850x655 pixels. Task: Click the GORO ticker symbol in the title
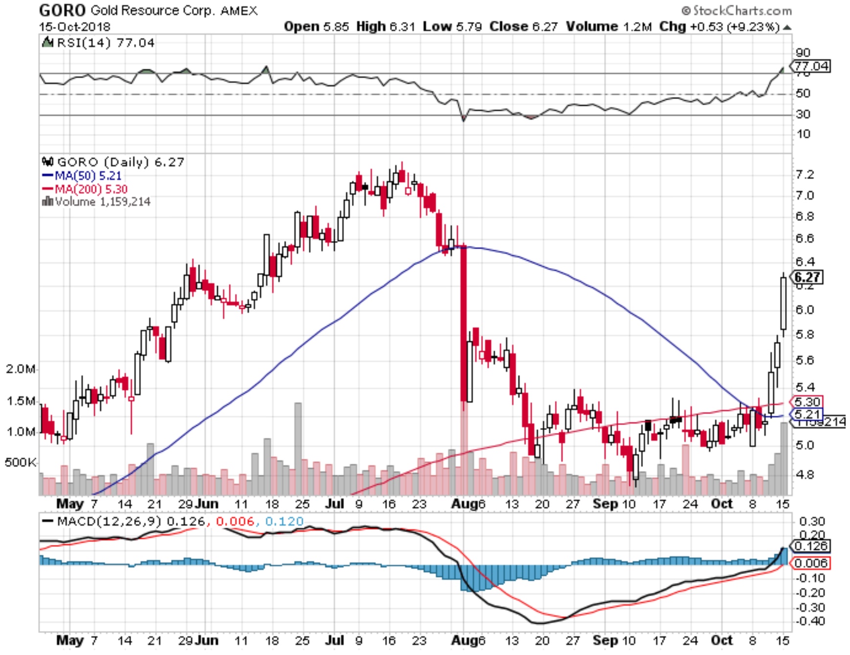[62, 10]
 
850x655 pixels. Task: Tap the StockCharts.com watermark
[736, 10]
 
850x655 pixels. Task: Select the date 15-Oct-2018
[74, 26]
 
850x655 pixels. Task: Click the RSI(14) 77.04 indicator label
[105, 43]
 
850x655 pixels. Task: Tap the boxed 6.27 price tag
[807, 277]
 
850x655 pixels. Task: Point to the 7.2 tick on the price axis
[805, 175]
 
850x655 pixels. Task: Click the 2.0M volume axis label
[21, 369]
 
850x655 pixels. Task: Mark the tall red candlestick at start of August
[463, 323]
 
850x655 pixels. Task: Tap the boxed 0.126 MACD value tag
[811, 546]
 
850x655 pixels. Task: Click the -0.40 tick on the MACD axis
[811, 621]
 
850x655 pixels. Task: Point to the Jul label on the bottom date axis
[335, 640]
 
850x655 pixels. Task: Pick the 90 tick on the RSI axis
[803, 52]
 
